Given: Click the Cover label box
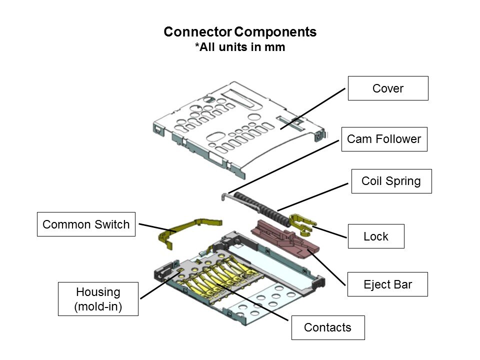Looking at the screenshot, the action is tap(388, 88).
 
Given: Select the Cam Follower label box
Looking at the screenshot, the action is tap(384, 139).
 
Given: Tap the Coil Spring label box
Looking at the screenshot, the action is tap(391, 181).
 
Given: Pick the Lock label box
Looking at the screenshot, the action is tap(376, 236).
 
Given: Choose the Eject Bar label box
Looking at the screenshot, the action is tap(387, 284).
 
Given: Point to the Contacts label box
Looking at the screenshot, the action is tap(328, 327).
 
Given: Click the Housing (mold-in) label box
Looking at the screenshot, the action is tap(98, 299).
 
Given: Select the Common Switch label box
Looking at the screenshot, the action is tap(86, 224).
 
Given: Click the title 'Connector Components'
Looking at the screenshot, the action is tap(240, 32).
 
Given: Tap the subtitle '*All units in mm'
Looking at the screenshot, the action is tap(240, 47).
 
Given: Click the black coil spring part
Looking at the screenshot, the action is tap(261, 209).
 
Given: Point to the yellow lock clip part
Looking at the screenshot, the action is tap(301, 224).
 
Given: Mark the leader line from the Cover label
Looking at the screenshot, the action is tap(312, 109).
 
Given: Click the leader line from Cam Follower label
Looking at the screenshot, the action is tap(283, 167).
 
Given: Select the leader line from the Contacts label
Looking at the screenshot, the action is tap(252, 302).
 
